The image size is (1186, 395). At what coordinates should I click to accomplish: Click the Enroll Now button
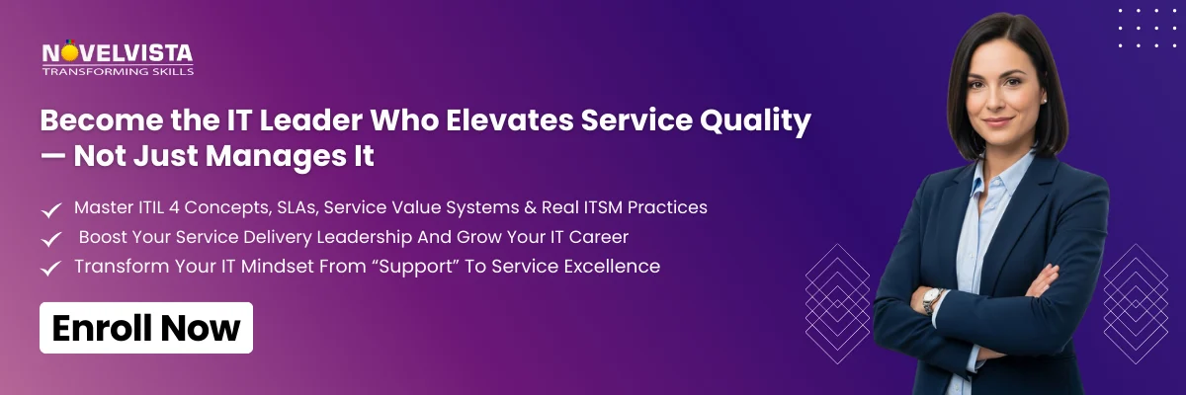[146, 328]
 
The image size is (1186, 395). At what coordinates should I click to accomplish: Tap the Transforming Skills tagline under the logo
[118, 71]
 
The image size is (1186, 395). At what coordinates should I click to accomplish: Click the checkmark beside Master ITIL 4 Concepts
[50, 209]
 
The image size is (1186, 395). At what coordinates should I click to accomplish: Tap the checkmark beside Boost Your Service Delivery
[50, 239]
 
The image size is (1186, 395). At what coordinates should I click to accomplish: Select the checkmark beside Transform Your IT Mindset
[50, 268]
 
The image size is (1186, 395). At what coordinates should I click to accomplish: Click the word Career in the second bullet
[600, 238]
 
